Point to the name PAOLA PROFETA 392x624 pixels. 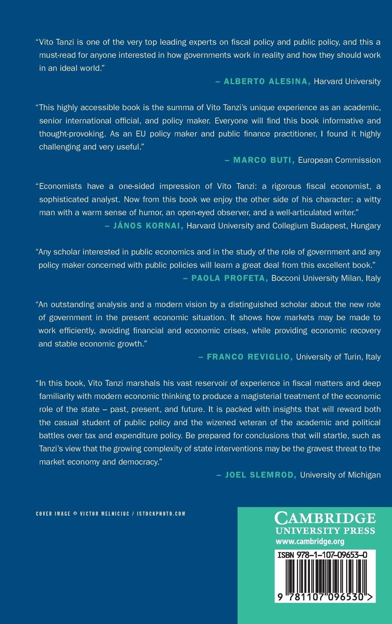(x=230, y=278)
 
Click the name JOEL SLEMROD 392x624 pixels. (x=261, y=475)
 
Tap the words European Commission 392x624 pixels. (x=339, y=160)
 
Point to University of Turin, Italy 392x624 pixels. (x=338, y=357)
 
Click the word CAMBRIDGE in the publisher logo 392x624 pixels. (x=325, y=518)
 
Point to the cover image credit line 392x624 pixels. (x=110, y=514)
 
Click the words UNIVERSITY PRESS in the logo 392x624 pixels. (x=325, y=531)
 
